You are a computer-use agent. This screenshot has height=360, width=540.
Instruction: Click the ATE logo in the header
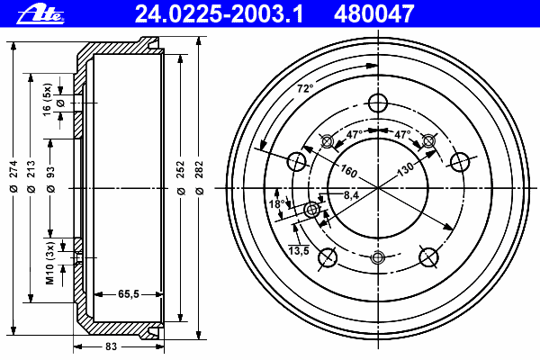click(x=40, y=14)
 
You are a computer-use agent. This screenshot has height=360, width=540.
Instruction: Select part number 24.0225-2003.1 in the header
click(x=219, y=14)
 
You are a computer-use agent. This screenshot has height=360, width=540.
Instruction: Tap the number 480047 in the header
click(x=373, y=14)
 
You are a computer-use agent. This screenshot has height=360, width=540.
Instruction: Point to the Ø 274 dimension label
click(x=13, y=175)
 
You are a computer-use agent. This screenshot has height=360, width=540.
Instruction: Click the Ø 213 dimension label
click(x=31, y=175)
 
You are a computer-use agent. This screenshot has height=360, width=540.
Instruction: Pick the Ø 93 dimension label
click(x=50, y=179)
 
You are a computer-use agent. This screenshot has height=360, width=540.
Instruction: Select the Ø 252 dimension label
click(x=181, y=177)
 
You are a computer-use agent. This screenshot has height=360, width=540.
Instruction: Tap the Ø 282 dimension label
click(x=199, y=177)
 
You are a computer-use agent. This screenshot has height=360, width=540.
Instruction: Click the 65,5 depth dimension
click(x=129, y=294)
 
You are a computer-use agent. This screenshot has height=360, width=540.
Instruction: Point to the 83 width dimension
click(x=111, y=346)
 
